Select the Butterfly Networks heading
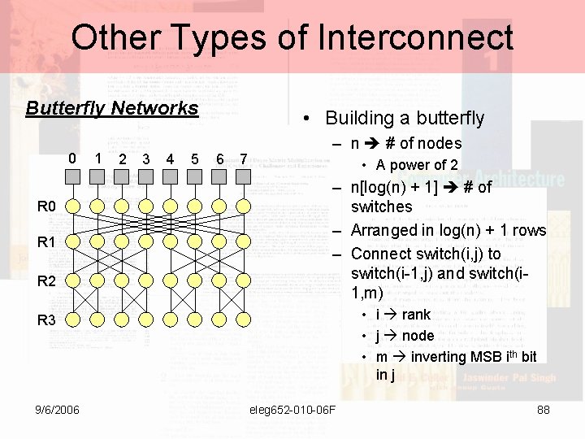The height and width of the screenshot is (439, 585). click(112, 108)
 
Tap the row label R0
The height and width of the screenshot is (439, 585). click(46, 206)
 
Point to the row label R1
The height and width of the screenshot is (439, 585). click(46, 242)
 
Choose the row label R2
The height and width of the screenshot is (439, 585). click(46, 281)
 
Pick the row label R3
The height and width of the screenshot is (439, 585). click(46, 320)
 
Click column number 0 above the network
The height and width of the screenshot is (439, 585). click(72, 158)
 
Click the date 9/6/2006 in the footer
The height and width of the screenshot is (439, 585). click(57, 410)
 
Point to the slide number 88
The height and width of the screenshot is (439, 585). click(544, 410)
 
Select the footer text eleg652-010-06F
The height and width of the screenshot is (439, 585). click(293, 410)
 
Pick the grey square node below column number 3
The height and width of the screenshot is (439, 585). click(145, 179)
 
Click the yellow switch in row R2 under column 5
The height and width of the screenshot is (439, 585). click(194, 280)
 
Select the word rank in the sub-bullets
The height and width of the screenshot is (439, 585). click(416, 315)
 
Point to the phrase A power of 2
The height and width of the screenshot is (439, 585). click(417, 165)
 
